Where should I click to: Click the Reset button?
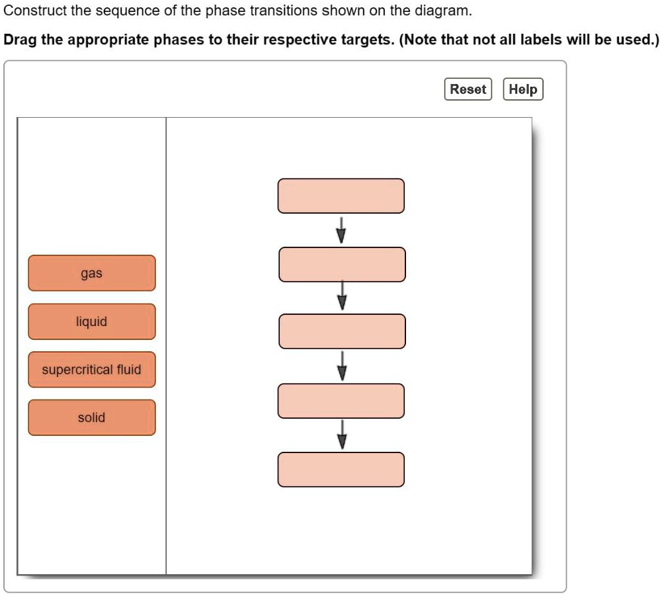coord(468,89)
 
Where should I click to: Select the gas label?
coord(92,273)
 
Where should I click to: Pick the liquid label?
coord(92,321)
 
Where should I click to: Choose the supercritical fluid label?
coord(92,370)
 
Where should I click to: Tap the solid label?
coord(92,417)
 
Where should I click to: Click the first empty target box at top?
coord(341,196)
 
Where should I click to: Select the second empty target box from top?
coord(342,265)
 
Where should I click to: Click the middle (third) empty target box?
coord(342,331)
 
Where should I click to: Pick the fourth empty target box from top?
coord(341,401)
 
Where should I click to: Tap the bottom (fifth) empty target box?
coord(341,470)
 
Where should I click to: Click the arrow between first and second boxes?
coord(341,230)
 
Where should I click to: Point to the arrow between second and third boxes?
coord(342,296)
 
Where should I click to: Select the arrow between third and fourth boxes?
coord(342,366)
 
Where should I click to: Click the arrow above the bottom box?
coord(342,435)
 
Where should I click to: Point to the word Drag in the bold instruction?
coord(19,40)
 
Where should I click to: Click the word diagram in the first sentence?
coord(447,11)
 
